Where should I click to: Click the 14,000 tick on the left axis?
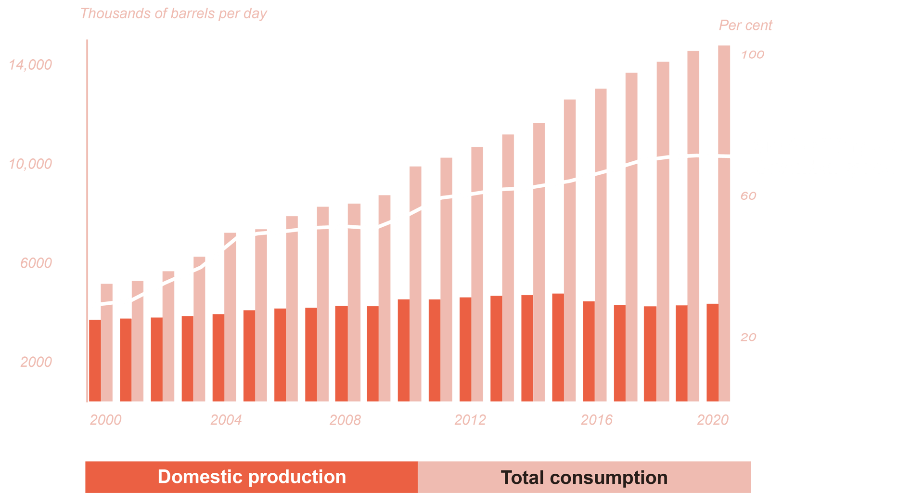(30, 65)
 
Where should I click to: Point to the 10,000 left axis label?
(30, 164)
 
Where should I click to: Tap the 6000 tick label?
(36, 263)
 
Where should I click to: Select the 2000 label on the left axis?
(36, 362)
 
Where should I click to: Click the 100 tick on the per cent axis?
(752, 54)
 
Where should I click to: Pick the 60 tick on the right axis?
(748, 196)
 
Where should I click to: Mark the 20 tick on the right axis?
(748, 337)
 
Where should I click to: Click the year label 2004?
(226, 420)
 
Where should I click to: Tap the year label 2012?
(470, 420)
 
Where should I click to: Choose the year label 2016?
(597, 420)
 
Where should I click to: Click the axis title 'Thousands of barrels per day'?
(173, 13)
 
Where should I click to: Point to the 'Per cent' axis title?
(745, 25)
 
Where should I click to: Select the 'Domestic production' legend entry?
(252, 477)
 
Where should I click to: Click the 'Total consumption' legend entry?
(584, 478)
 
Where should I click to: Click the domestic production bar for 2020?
(712, 352)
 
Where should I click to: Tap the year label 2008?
(345, 420)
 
